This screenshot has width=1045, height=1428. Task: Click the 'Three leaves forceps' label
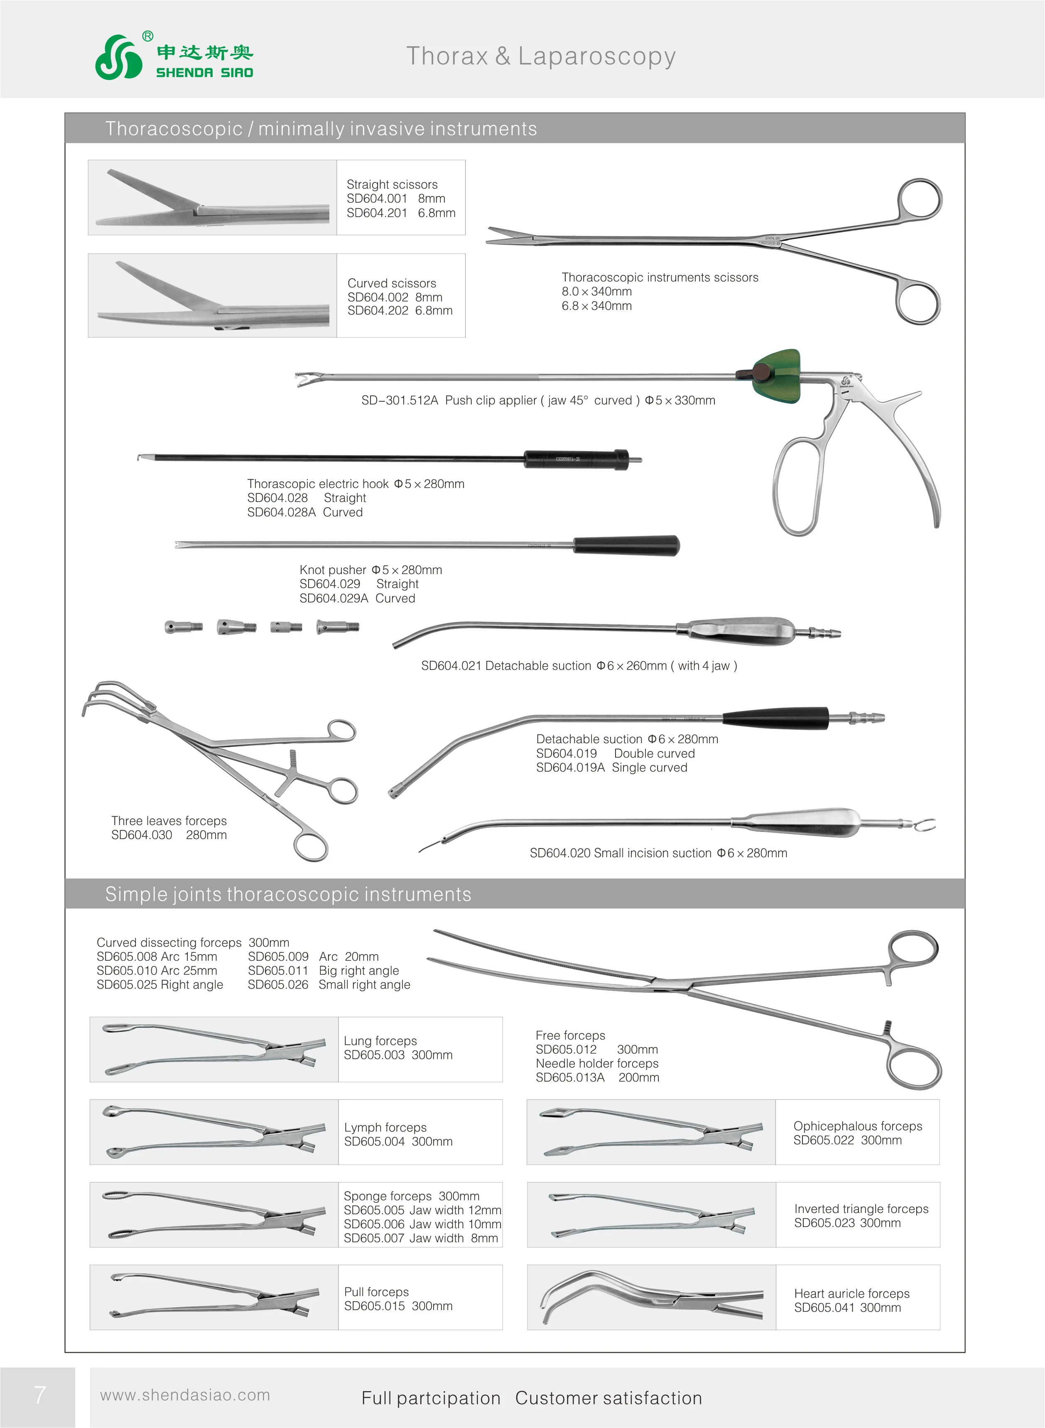pyautogui.click(x=169, y=821)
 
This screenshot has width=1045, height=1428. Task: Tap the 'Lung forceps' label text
pyautogui.click(x=380, y=1041)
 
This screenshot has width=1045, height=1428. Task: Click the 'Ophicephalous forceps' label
pyautogui.click(x=857, y=1126)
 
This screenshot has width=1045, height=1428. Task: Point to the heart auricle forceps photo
pyautogui.click(x=652, y=1297)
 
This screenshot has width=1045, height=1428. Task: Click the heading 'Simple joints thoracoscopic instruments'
pyautogui.click(x=288, y=894)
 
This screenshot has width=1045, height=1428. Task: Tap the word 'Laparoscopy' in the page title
pyautogui.click(x=596, y=56)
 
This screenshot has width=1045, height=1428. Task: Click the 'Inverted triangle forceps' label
pyautogui.click(x=861, y=1209)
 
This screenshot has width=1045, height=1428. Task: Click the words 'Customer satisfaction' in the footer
pyautogui.click(x=608, y=1398)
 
